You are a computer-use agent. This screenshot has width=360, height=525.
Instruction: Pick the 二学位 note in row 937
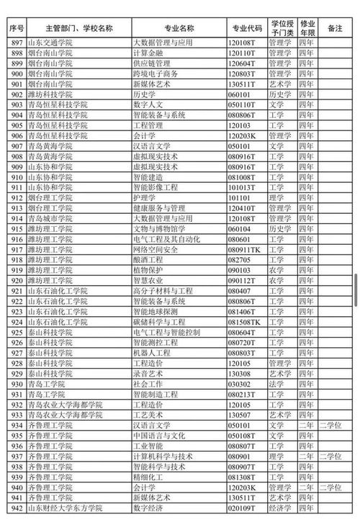coord(333,456)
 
